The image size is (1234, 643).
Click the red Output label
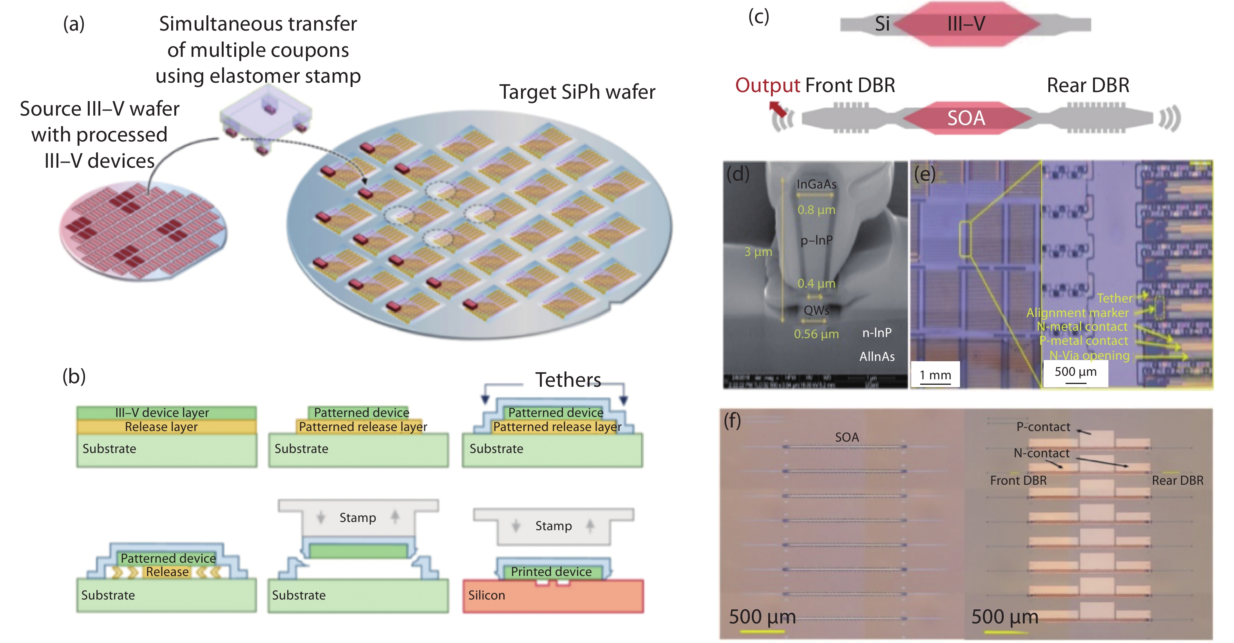[767, 86]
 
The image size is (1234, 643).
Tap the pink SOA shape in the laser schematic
[966, 118]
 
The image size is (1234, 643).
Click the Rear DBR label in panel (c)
[1087, 86]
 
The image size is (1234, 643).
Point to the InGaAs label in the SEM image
[816, 185]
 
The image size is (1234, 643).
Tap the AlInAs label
[877, 357]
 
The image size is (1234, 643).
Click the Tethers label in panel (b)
[568, 380]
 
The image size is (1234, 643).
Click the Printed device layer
[551, 572]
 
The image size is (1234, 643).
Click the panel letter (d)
[738, 174]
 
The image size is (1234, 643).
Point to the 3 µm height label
[758, 252]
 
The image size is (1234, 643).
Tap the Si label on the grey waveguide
[882, 24]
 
